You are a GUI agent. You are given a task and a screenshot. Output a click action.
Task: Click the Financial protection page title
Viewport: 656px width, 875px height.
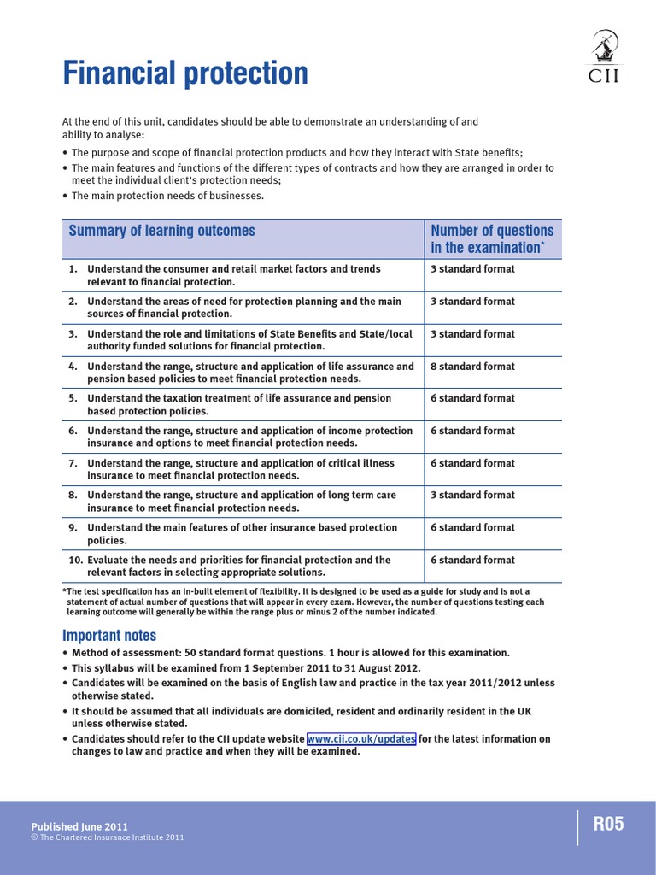click(x=185, y=73)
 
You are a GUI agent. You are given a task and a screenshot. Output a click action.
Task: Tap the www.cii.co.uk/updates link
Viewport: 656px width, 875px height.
click(x=361, y=739)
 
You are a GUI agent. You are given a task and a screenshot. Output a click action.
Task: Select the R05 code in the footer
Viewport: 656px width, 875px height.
click(x=609, y=825)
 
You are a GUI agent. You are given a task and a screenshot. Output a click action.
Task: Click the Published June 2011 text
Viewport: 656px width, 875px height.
click(x=79, y=826)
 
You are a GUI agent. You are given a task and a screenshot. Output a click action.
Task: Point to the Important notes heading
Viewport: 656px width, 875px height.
click(x=109, y=635)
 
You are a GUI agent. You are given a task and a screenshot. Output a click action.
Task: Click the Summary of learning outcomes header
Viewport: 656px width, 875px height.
click(x=161, y=231)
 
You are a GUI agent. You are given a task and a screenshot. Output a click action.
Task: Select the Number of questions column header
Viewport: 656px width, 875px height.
click(x=492, y=238)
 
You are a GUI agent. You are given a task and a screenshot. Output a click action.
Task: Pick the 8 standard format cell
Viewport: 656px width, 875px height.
click(x=472, y=367)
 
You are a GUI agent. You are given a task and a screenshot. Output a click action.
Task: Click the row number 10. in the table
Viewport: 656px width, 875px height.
click(x=74, y=561)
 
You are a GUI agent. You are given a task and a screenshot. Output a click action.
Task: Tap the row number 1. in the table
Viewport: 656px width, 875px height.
click(x=74, y=269)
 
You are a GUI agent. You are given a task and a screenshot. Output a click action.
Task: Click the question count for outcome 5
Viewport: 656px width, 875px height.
click(x=472, y=399)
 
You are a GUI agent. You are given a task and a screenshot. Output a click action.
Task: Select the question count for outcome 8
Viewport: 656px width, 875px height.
click(x=472, y=496)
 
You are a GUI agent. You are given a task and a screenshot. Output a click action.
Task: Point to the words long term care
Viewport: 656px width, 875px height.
click(x=365, y=496)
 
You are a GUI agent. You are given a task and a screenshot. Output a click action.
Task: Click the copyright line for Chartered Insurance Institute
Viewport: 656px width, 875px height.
click(x=107, y=837)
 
